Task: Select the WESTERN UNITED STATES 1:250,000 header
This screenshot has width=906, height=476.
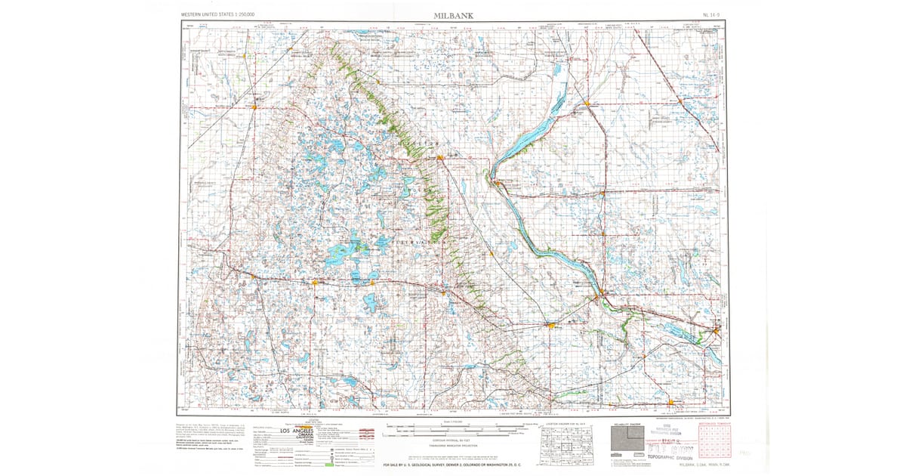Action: point(218,14)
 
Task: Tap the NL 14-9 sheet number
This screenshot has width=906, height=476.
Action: point(710,14)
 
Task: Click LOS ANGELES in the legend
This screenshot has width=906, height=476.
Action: point(313,431)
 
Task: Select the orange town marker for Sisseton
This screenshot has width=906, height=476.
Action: point(439,157)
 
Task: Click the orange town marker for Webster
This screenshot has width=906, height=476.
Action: point(315,282)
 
